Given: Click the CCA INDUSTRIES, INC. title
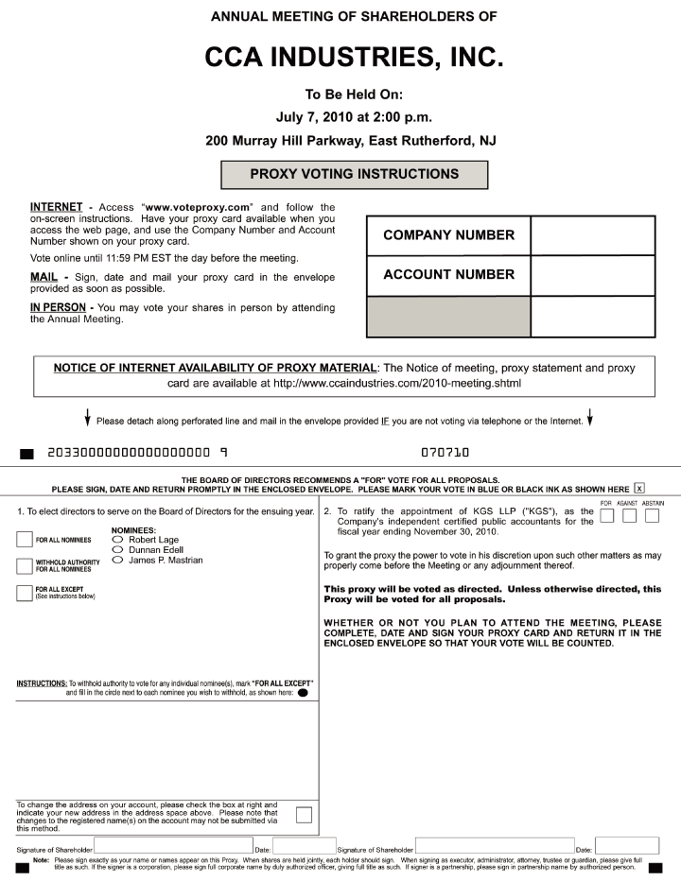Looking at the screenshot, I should point(354,58).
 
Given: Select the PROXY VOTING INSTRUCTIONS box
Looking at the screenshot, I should point(354,175).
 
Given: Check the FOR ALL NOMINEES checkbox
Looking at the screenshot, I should point(25,540).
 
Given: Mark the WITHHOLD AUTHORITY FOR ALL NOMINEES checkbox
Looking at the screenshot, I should point(25,566).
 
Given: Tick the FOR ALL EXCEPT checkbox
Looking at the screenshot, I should point(25,593).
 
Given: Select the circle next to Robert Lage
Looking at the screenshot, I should point(117,540).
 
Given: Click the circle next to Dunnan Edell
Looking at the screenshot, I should point(117,550).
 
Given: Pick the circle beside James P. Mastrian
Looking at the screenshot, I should point(117,561).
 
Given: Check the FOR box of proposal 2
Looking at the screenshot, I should point(607,516).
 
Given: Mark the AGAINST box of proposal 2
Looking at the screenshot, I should point(629,516).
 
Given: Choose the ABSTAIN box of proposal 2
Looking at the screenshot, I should point(652,516).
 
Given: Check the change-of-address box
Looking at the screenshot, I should point(304,816).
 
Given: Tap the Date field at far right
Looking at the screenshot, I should point(627,846).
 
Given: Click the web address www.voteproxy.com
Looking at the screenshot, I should point(197,207).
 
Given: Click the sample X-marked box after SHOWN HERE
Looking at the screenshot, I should point(639,488).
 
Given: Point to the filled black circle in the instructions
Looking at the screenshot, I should point(303,693).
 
